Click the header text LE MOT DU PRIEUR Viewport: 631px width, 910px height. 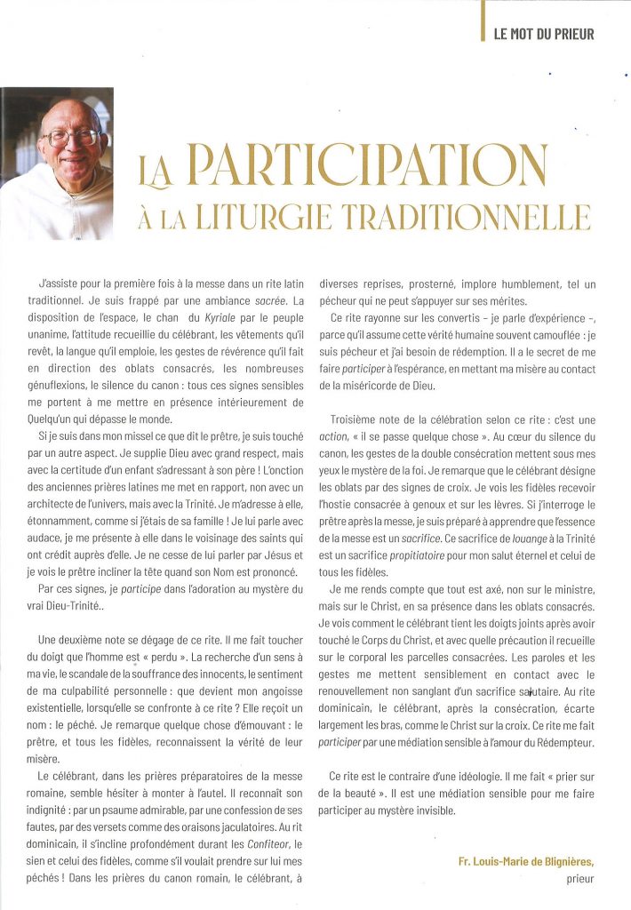coord(543,35)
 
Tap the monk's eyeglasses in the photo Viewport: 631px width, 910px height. coord(70,138)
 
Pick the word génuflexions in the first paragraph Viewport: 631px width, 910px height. coord(74,387)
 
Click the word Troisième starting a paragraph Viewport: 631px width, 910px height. coord(357,419)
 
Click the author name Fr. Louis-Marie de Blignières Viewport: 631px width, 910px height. coord(515,859)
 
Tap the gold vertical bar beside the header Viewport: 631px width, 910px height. coord(482,21)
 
